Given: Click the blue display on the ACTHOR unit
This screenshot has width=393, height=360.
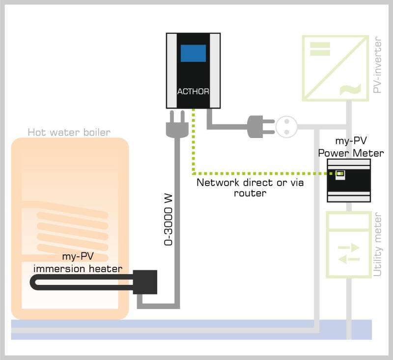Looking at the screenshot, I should [193, 53].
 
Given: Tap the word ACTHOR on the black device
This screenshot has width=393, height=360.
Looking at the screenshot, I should [193, 91].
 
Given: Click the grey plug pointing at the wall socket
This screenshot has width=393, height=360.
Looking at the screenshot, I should [258, 126].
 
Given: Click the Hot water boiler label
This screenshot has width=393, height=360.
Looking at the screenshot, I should [69, 132].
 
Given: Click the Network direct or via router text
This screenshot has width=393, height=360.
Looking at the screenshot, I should [250, 188].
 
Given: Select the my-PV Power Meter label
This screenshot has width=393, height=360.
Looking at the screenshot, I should [351, 147].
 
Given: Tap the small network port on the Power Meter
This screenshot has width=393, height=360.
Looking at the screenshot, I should [339, 174].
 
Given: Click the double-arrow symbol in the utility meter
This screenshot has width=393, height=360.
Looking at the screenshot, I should [349, 252].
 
